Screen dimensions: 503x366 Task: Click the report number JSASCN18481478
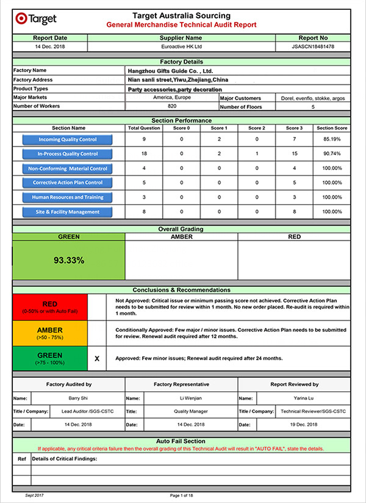[x=313, y=46]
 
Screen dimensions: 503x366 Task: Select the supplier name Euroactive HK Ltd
[x=181, y=46]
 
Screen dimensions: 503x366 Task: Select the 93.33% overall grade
[x=69, y=260]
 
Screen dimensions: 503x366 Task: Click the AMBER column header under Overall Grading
[x=181, y=236]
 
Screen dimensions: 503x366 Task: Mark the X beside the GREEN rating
[x=97, y=358]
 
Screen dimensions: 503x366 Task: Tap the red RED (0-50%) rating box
[x=51, y=307]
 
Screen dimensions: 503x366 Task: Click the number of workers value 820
[x=171, y=106]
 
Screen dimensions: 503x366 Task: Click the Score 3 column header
[x=293, y=128]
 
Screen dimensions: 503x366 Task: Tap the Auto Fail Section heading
[x=181, y=441]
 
